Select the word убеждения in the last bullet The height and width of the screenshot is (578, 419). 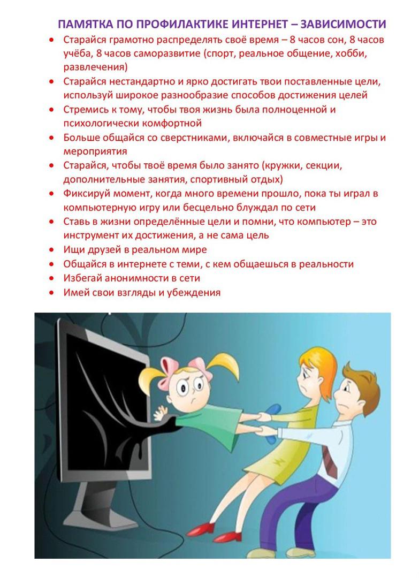pos(194,292)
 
